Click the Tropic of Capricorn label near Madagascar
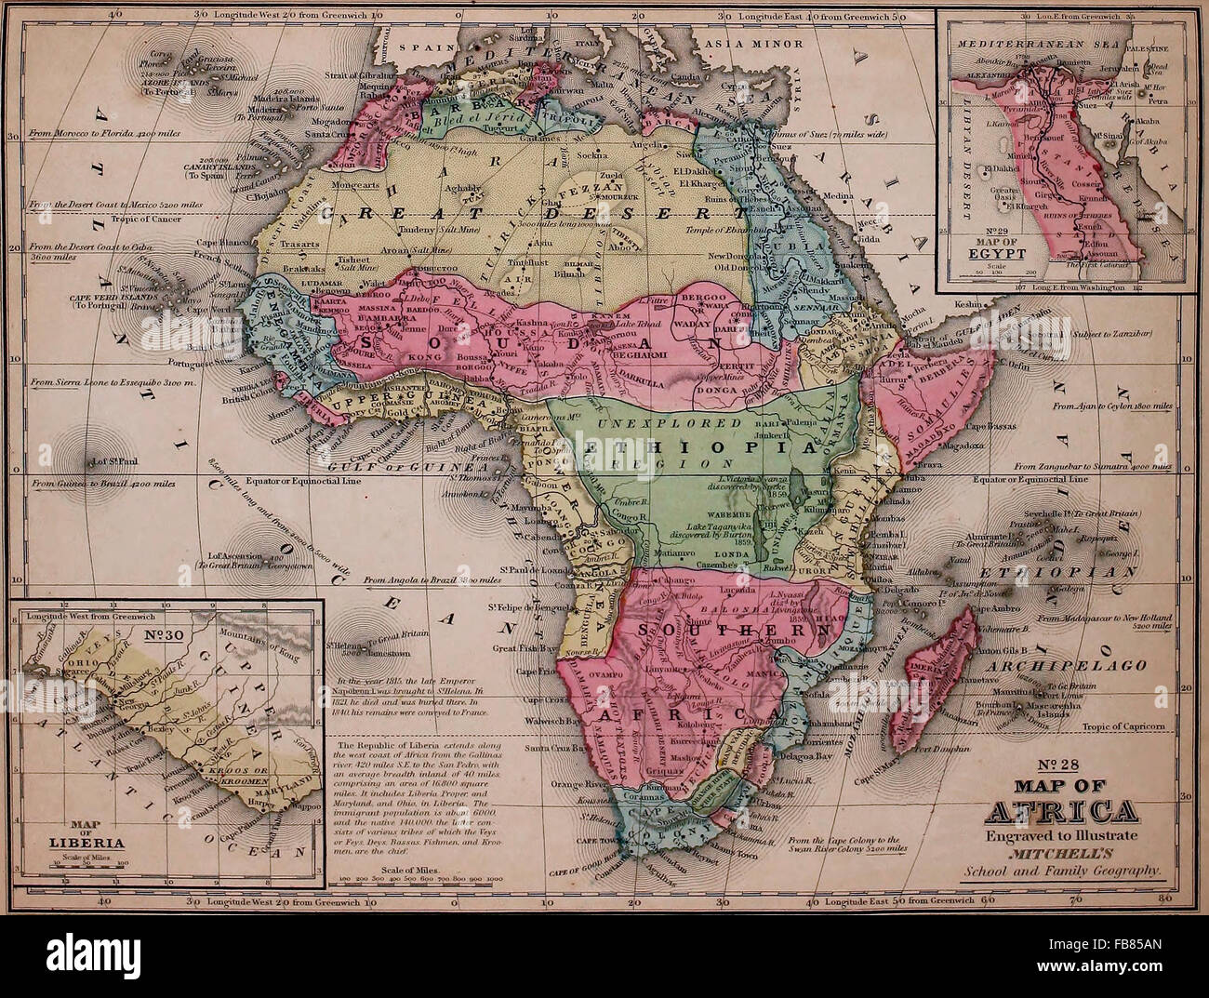tap(1124, 725)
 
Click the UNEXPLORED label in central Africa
tap(641, 424)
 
